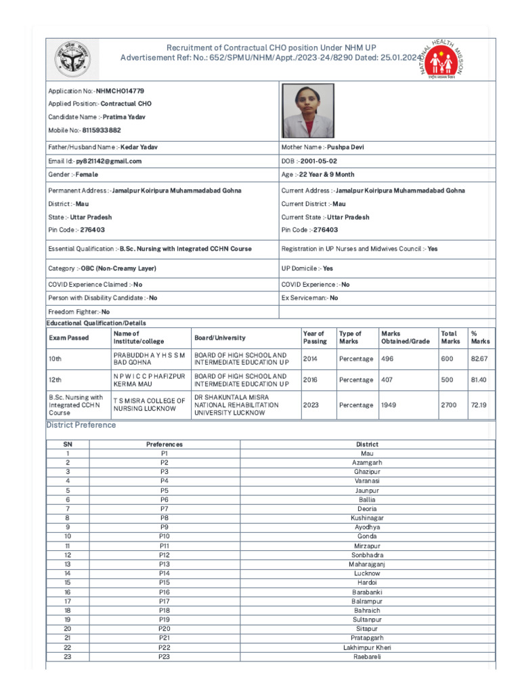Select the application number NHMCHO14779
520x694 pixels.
[x=120, y=91]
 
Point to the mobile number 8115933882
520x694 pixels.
[x=101, y=130]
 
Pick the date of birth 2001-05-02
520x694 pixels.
[x=318, y=161]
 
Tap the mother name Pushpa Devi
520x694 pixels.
[x=345, y=147]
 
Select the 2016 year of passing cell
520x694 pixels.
[x=310, y=380]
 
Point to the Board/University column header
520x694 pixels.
[x=220, y=338]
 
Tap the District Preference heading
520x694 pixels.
[x=81, y=425]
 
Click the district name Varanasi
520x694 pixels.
[x=368, y=481]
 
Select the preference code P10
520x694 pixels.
[x=165, y=536]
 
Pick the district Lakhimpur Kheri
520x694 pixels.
[x=368, y=647]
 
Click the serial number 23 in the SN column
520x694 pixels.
[x=68, y=657]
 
